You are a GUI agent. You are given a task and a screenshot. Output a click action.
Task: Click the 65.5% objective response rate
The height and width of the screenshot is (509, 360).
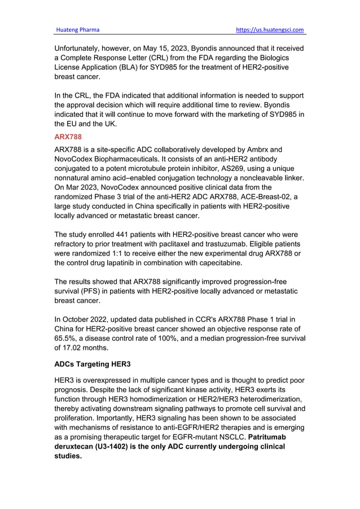point(66,338)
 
